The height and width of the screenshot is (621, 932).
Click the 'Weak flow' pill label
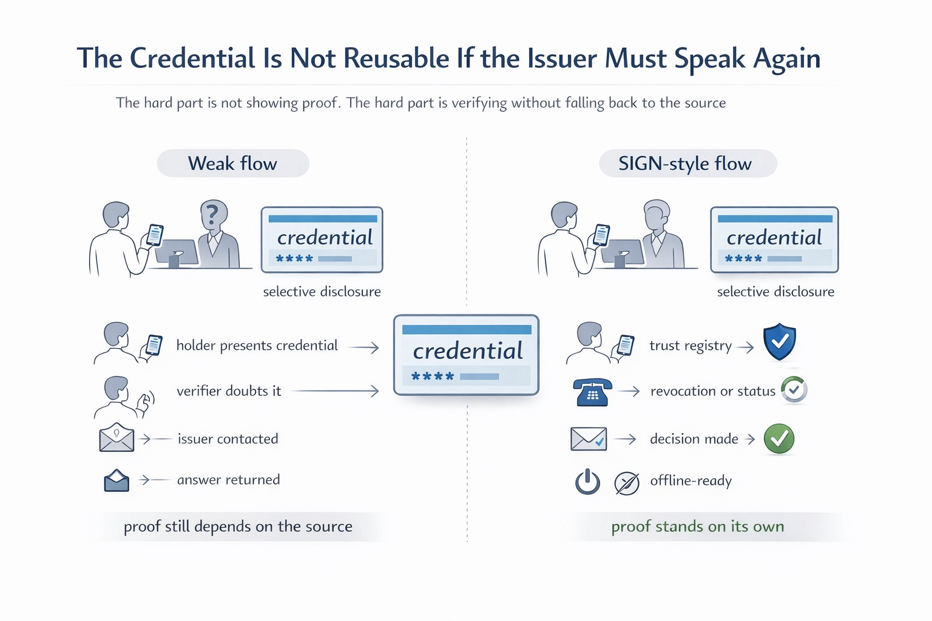tap(233, 164)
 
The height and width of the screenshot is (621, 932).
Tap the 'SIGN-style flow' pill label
tap(685, 164)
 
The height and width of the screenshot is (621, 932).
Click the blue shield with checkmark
tap(780, 341)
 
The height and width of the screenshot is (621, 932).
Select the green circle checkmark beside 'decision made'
tap(779, 438)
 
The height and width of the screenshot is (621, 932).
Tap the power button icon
tap(587, 483)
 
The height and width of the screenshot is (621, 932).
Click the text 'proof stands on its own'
tap(698, 526)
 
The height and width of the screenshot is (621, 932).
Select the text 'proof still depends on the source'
tap(238, 526)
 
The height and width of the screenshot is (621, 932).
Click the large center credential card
tap(466, 355)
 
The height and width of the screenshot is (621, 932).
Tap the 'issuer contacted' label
tap(228, 438)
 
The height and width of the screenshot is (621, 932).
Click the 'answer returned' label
tap(228, 480)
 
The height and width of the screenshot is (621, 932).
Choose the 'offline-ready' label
tap(691, 481)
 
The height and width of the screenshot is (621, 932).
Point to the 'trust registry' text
tap(690, 346)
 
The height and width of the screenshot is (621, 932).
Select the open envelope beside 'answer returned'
tap(116, 480)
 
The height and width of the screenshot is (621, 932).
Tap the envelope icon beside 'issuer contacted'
tap(116, 438)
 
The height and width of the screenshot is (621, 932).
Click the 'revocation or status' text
tap(712, 391)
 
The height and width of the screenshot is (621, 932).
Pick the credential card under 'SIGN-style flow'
tap(774, 240)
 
